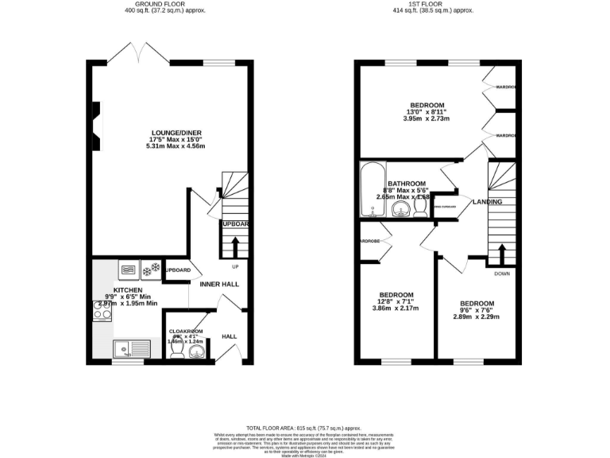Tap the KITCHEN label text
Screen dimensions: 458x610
click(128, 290)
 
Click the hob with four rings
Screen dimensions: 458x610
click(103, 314)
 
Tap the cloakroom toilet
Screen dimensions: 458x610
click(177, 350)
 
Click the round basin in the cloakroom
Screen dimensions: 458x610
click(197, 351)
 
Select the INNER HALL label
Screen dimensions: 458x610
click(219, 284)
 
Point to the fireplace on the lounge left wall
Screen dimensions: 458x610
click(95, 126)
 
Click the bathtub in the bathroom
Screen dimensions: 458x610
click(369, 191)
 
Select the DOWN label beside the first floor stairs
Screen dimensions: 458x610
click(502, 274)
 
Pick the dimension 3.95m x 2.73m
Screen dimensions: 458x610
click(427, 118)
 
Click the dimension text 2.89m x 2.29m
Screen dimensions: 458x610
click(477, 316)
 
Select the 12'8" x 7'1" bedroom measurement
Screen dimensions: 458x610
click(396, 301)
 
